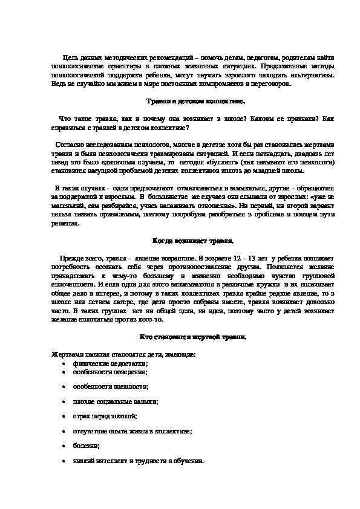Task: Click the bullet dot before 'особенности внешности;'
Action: (65, 387)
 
